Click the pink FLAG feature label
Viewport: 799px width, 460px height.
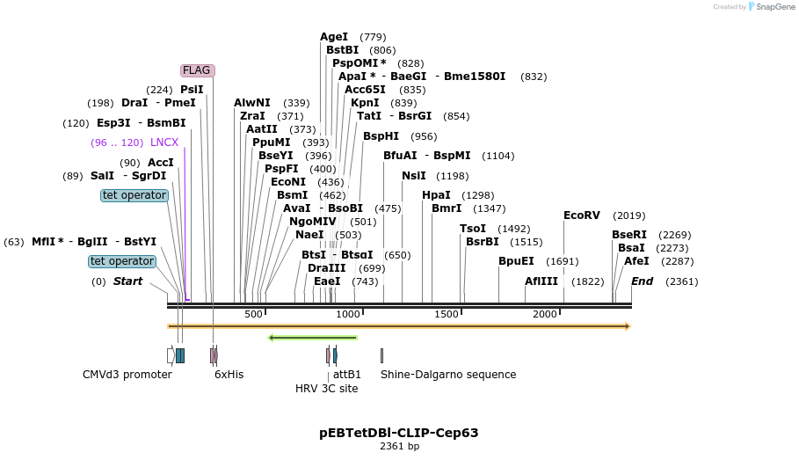click(197, 70)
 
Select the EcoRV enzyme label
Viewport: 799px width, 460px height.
click(581, 215)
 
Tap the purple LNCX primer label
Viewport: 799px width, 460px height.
click(164, 142)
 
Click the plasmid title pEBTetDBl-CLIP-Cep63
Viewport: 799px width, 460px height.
click(399, 433)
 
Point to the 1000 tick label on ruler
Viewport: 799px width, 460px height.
click(348, 315)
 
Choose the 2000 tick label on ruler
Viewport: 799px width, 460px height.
click(545, 315)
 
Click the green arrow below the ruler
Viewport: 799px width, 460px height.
click(313, 337)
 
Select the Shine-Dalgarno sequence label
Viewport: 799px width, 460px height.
click(448, 375)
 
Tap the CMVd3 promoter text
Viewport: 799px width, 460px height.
click(127, 375)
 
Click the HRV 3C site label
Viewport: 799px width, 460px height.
click(327, 388)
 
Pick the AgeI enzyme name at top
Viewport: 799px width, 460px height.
click(334, 37)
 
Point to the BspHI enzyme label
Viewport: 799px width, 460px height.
click(381, 136)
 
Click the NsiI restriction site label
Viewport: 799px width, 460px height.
click(414, 176)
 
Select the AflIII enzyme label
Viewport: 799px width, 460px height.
click(541, 281)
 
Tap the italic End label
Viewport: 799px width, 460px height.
click(643, 281)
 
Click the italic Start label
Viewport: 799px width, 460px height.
click(127, 281)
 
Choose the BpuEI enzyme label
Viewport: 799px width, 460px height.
click(516, 261)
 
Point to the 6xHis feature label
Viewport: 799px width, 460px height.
click(229, 375)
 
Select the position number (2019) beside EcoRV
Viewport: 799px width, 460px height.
click(629, 215)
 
